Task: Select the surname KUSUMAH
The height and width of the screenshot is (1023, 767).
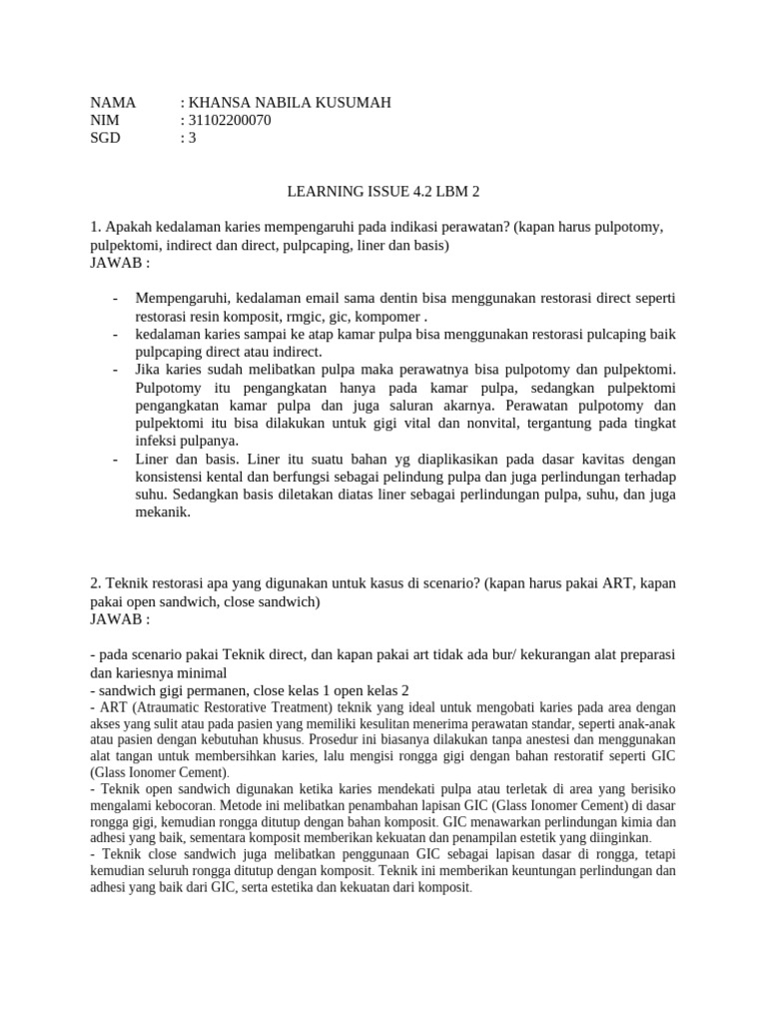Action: tap(350, 102)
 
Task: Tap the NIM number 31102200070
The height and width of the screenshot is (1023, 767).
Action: tap(228, 120)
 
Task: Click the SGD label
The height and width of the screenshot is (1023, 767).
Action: tap(105, 138)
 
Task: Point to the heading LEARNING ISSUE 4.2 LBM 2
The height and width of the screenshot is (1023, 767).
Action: tap(383, 190)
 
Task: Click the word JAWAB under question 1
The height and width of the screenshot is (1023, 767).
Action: tap(116, 263)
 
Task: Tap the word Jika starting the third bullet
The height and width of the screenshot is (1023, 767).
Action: tap(150, 370)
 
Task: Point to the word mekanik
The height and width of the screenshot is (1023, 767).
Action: tap(162, 511)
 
